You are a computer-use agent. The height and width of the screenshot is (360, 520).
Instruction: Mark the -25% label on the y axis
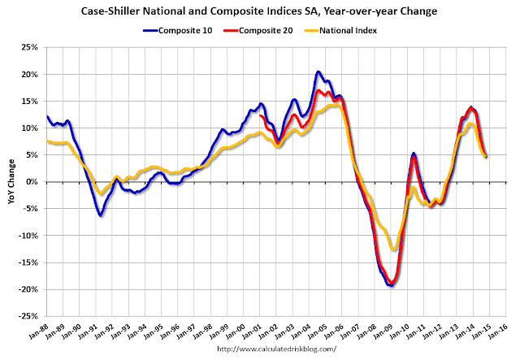point(26,316)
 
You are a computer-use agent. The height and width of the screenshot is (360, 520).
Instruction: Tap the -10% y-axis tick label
point(26,236)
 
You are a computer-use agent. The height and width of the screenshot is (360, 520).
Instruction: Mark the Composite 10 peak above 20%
point(318,72)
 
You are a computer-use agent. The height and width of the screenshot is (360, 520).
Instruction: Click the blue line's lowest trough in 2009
point(391,285)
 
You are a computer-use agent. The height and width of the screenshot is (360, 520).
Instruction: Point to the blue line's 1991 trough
point(100,215)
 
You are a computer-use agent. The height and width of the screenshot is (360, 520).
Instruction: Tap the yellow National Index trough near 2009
point(394,249)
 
